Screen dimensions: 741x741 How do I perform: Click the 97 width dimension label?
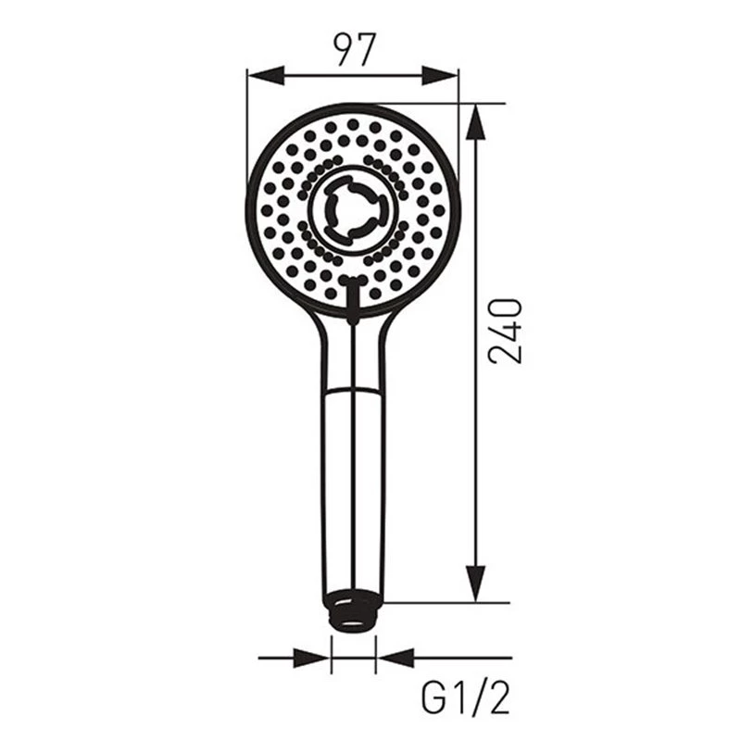(x=354, y=50)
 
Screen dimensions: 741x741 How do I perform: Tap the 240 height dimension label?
(x=505, y=331)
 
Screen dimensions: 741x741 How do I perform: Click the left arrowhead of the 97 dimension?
(x=266, y=76)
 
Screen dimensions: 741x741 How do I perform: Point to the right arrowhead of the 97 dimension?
(x=440, y=76)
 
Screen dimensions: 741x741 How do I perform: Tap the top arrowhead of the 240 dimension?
(x=476, y=122)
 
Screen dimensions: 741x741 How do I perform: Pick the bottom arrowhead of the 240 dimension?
(x=476, y=584)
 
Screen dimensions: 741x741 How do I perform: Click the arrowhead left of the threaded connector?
(x=311, y=658)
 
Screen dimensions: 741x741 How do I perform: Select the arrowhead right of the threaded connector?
(x=396, y=658)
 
